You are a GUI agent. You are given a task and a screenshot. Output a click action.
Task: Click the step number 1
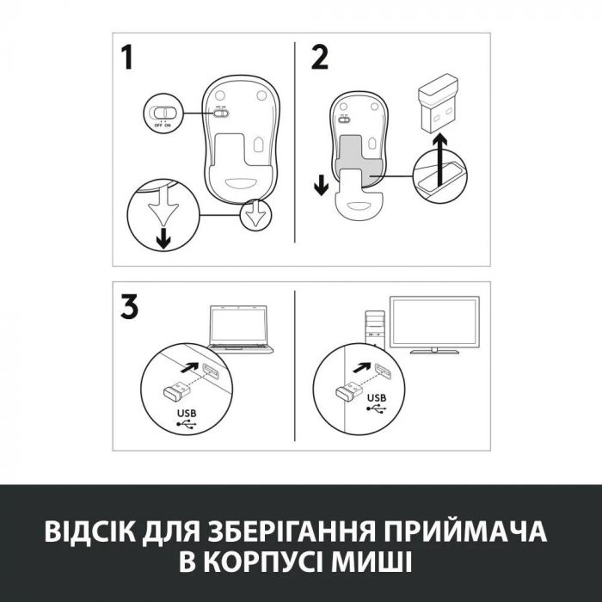(127, 58)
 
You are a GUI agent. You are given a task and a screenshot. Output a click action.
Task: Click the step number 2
(319, 58)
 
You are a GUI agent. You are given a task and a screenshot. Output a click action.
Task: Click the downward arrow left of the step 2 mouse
(320, 183)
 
